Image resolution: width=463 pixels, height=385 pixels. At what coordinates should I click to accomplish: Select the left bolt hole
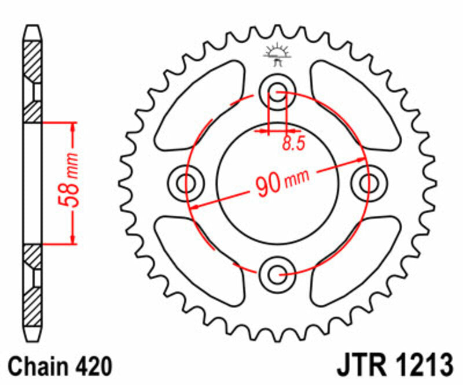pyautogui.click(x=186, y=183)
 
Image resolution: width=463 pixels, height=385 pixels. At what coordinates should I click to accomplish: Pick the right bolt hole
pyautogui.click(x=368, y=183)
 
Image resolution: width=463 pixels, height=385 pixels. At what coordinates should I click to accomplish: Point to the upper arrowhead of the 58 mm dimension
pyautogui.click(x=73, y=128)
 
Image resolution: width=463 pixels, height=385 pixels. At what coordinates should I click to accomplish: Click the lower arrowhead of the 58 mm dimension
pyautogui.click(x=73, y=239)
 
